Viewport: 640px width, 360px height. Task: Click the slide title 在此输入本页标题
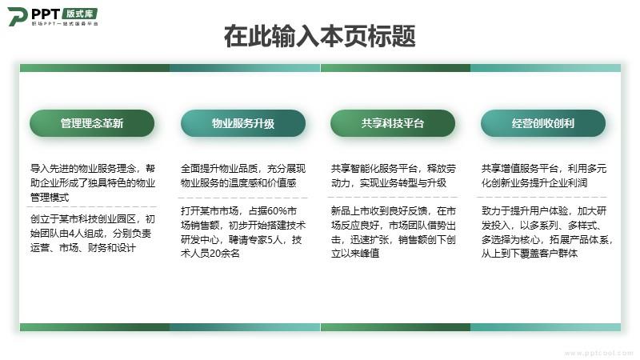point(319,36)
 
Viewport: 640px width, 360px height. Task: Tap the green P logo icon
point(18,16)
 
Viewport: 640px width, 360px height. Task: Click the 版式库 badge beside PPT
point(80,14)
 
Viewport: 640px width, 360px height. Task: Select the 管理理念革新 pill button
point(92,123)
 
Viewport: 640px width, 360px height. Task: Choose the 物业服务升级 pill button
point(243,123)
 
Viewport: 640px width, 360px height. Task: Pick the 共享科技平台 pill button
point(393,123)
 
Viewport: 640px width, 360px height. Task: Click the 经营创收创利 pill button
point(543,123)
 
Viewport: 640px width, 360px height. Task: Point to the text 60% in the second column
point(277,211)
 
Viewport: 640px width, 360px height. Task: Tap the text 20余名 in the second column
point(225,254)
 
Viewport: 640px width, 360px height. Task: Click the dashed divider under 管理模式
point(92,207)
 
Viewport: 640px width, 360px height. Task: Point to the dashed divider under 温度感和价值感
point(243,198)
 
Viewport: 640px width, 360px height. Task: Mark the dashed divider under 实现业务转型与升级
point(393,197)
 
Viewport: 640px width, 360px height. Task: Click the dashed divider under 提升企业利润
point(542,197)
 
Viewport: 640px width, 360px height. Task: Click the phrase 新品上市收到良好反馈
point(378,211)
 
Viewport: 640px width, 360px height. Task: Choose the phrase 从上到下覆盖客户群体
point(530,254)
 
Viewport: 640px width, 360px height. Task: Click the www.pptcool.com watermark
point(598,353)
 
